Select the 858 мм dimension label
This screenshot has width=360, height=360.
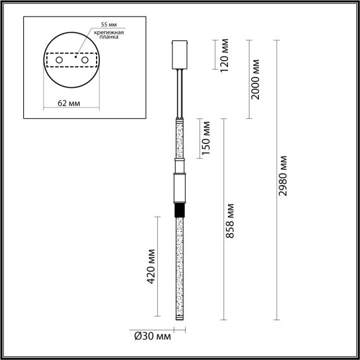(x=231, y=221)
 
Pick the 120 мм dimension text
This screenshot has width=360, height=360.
(x=224, y=56)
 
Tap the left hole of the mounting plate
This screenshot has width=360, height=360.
(x=59, y=60)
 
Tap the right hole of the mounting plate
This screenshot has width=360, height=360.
(x=83, y=60)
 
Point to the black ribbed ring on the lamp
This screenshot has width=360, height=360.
(x=180, y=210)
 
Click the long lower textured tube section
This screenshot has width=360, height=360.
(x=180, y=265)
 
